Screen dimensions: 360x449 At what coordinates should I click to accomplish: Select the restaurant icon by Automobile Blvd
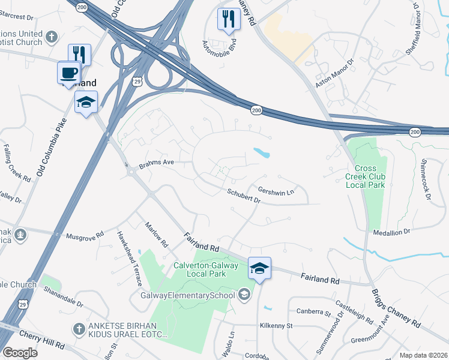tap(229, 19)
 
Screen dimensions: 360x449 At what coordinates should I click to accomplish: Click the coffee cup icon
tap(69, 73)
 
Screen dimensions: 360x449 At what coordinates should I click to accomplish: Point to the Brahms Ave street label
tap(156, 163)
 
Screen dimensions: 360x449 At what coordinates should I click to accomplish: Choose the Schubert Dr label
tap(243, 196)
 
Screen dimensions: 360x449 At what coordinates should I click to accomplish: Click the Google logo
tap(20, 352)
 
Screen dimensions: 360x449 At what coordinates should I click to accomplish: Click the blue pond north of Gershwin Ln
tap(261, 153)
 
